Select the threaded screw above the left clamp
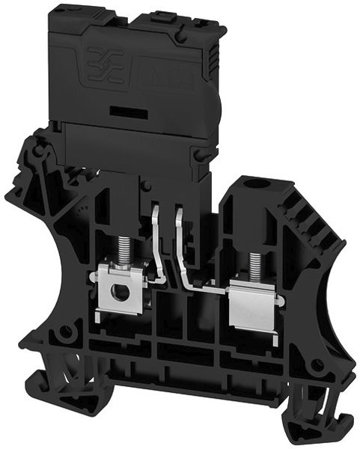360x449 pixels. click(x=120, y=248)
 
